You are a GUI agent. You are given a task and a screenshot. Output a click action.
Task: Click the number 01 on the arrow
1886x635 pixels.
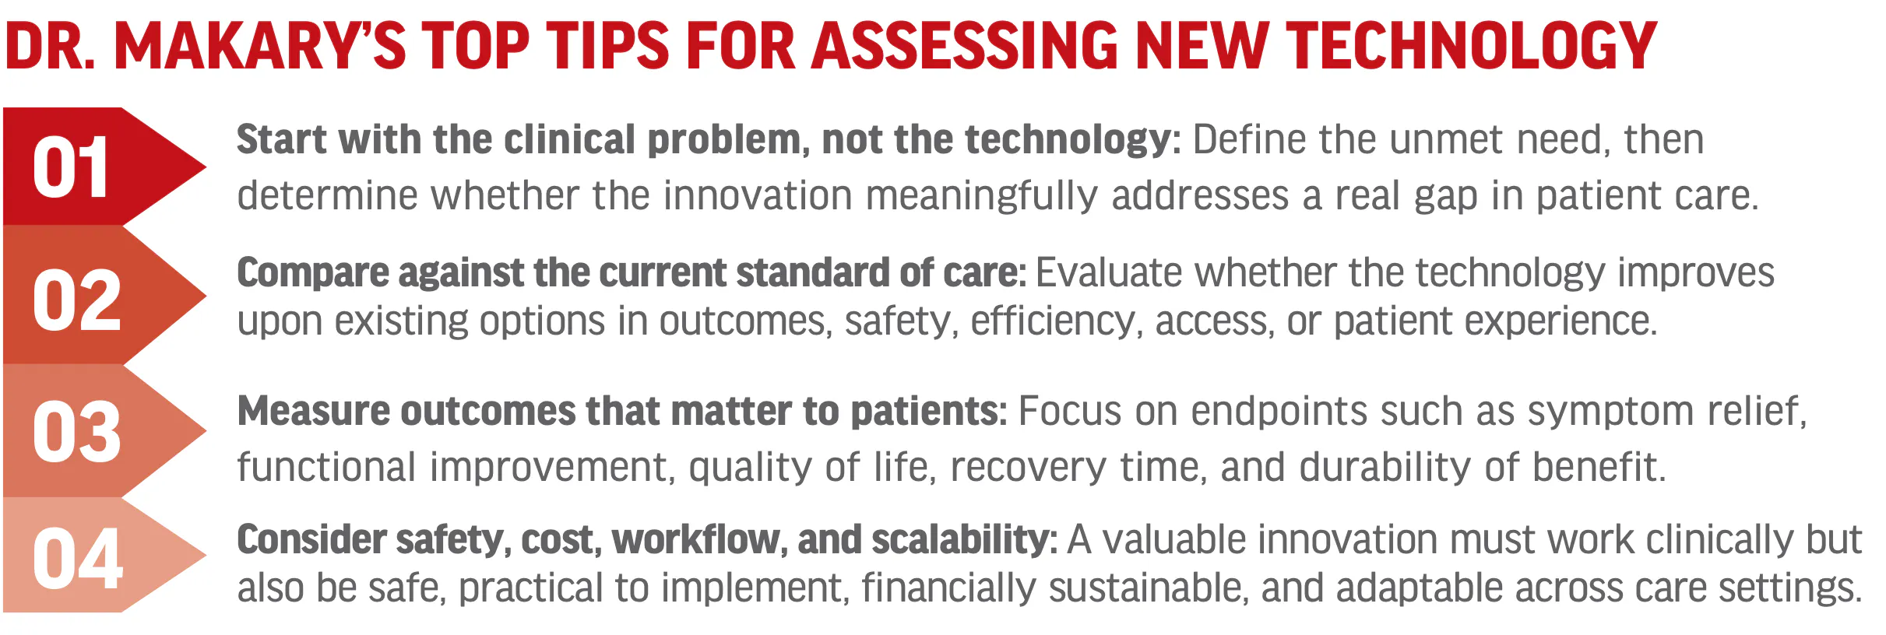click(70, 167)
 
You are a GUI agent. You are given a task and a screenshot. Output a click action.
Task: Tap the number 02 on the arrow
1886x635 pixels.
click(77, 300)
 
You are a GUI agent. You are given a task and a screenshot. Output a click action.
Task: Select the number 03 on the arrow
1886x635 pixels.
click(77, 432)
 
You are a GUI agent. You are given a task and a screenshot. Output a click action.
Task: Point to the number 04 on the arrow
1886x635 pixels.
click(78, 558)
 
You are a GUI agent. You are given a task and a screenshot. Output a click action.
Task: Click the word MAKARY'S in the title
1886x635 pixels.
click(260, 45)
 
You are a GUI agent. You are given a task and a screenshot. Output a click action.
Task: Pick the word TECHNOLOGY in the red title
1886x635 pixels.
click(1471, 45)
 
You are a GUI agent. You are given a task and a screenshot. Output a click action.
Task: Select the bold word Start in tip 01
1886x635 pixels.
click(282, 140)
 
